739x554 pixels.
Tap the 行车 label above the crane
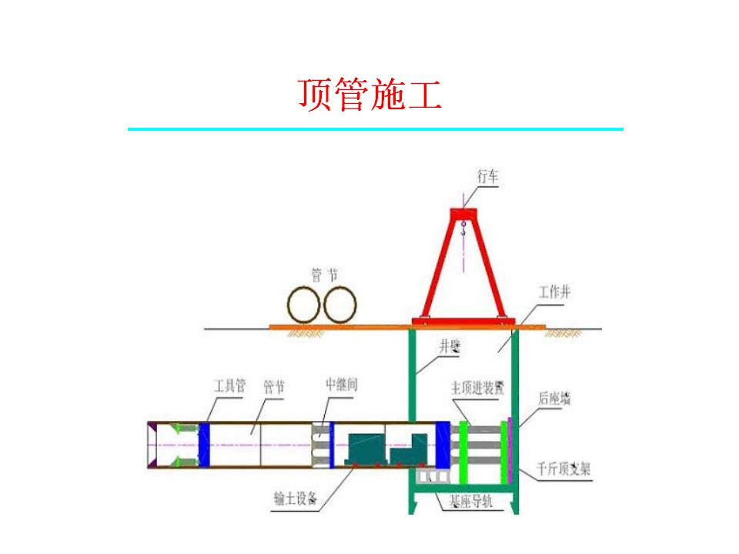coord(487,177)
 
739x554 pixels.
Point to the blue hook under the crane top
coord(463,226)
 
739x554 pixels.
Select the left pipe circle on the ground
coord(303,305)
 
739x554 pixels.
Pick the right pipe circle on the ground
coord(339,305)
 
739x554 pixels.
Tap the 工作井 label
coord(553,293)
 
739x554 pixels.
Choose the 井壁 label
coord(450,347)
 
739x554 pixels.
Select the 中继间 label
coord(341,384)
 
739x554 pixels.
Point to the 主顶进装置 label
coord(478,388)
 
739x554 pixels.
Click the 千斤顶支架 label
coord(563,469)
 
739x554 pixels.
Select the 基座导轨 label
coord(471,502)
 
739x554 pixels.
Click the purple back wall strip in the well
coord(510,451)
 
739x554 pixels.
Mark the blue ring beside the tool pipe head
coord(204,445)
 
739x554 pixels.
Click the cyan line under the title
coord(375,129)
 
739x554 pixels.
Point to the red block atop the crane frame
coord(463,211)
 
